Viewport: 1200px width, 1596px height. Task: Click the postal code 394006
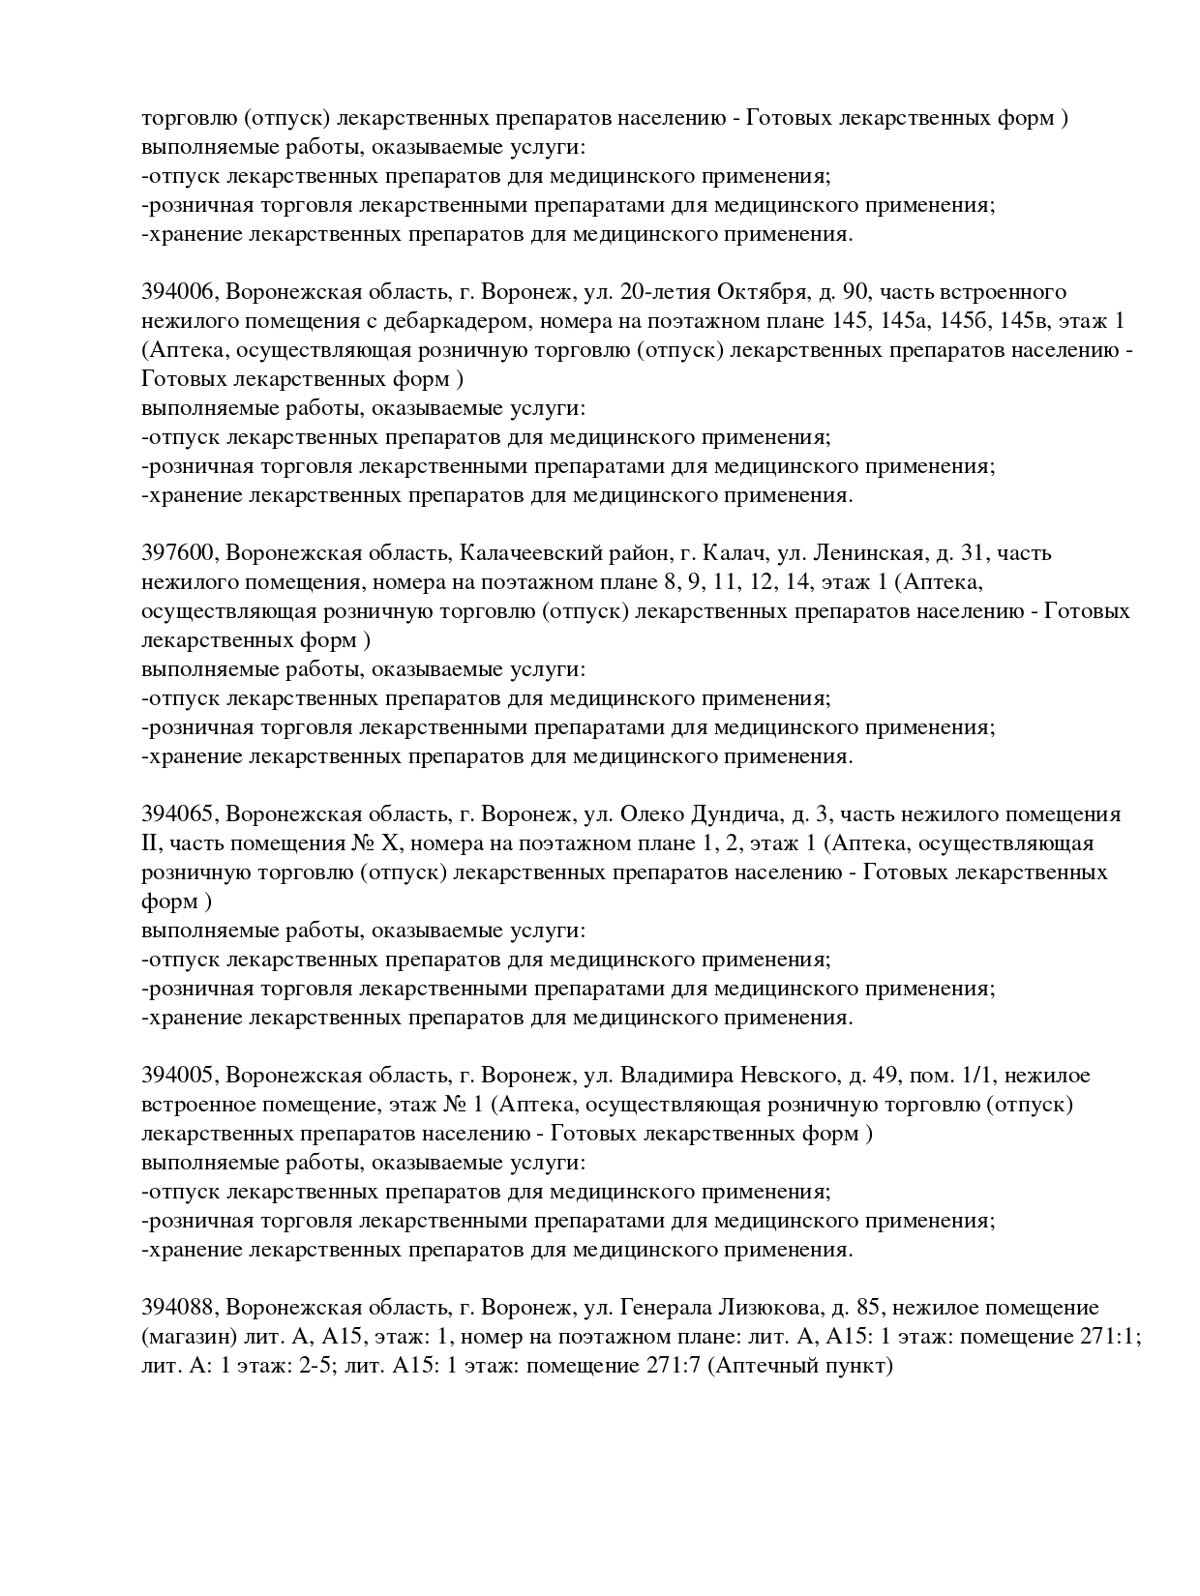[179, 292]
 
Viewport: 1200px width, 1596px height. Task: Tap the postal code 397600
[179, 553]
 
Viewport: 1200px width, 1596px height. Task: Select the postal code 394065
[179, 814]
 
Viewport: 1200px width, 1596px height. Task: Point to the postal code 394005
[179, 1076]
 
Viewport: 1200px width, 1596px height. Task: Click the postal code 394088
[179, 1308]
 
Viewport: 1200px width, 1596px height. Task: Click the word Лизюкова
[766, 1308]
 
